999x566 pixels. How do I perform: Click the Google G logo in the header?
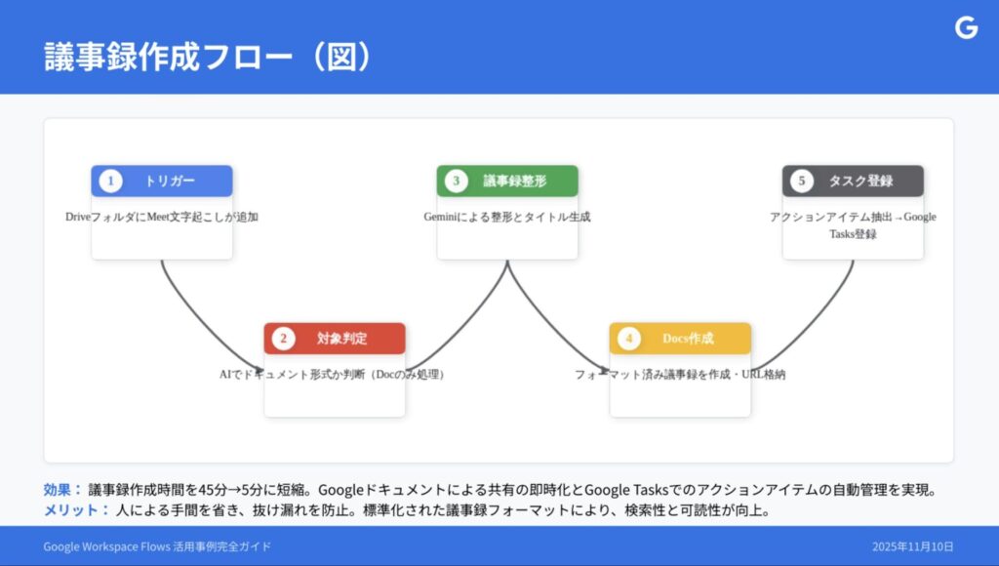click(966, 28)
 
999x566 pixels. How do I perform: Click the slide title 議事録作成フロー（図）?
click(208, 56)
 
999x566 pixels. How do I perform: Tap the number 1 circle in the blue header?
click(110, 182)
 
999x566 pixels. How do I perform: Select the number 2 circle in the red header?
click(283, 339)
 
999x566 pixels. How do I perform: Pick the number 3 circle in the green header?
click(456, 182)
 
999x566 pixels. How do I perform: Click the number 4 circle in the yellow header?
click(628, 339)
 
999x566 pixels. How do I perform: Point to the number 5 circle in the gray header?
click(801, 182)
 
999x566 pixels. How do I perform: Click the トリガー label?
click(170, 182)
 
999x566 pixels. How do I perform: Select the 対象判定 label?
click(341, 339)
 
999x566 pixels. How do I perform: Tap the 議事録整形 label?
click(515, 182)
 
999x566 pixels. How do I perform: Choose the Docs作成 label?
click(688, 339)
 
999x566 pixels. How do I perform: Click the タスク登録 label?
click(860, 182)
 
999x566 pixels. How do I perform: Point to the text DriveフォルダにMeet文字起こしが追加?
click(162, 217)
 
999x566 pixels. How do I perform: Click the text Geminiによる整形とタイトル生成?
click(507, 217)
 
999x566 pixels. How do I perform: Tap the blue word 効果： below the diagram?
click(62, 490)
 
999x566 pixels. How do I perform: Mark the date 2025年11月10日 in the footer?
click(912, 546)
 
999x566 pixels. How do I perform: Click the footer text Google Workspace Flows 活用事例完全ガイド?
click(157, 546)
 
